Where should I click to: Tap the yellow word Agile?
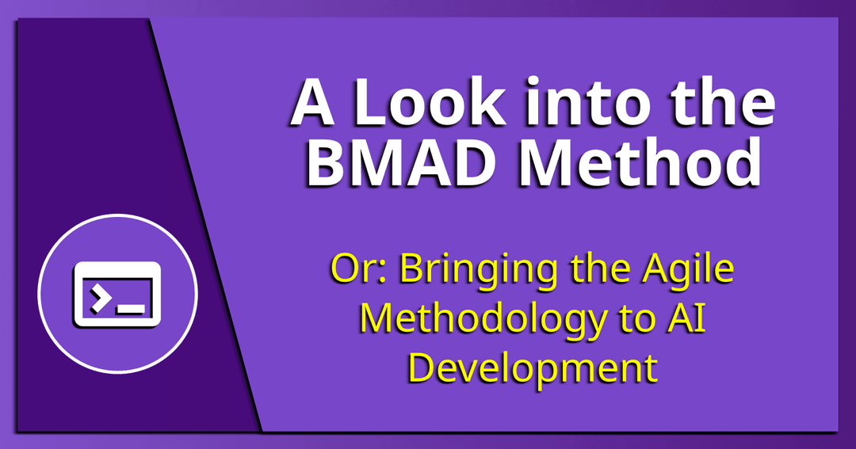[688, 271]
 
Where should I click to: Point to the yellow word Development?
[533, 369]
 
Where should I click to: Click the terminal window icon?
[117, 294]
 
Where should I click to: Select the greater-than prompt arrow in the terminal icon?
[98, 299]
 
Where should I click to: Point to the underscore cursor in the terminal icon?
[131, 310]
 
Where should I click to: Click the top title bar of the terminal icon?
[117, 269]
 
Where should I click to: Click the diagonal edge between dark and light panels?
[206, 225]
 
